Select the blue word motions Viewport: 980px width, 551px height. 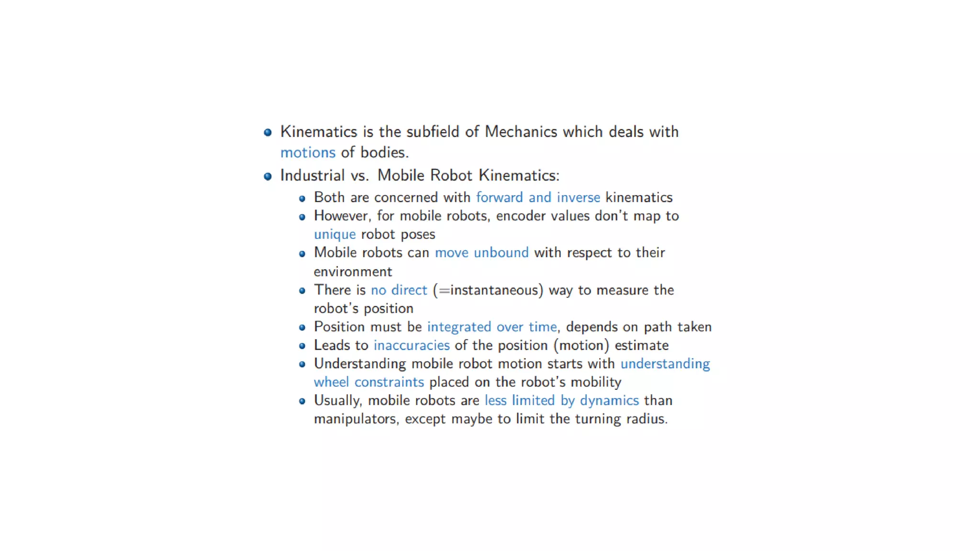point(308,153)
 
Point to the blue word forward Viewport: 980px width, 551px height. point(499,198)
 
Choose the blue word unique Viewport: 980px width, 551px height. point(334,235)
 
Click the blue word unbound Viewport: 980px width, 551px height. point(501,253)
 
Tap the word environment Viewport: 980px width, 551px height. point(353,272)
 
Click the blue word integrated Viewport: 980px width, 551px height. point(459,327)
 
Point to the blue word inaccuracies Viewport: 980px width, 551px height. point(412,345)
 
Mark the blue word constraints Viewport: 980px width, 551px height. point(389,382)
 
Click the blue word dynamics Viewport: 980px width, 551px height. point(609,401)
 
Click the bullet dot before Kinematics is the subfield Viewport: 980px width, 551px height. point(268,132)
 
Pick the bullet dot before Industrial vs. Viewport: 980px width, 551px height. point(268,176)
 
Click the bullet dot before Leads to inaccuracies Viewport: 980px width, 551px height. point(302,346)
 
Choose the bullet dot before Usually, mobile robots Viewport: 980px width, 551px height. point(302,401)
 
